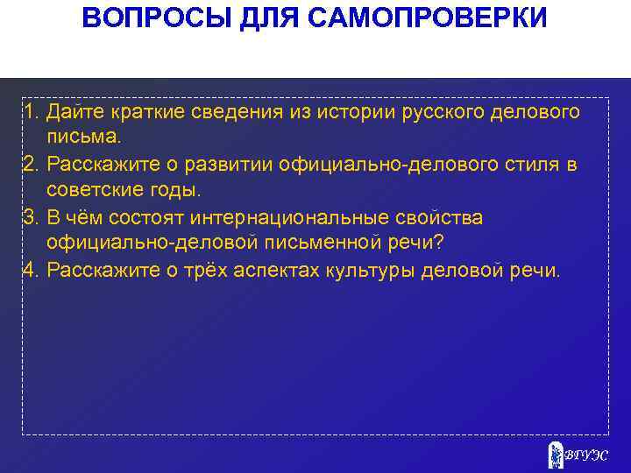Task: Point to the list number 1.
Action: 31,112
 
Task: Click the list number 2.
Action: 31,165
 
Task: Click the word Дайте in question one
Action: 74,112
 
